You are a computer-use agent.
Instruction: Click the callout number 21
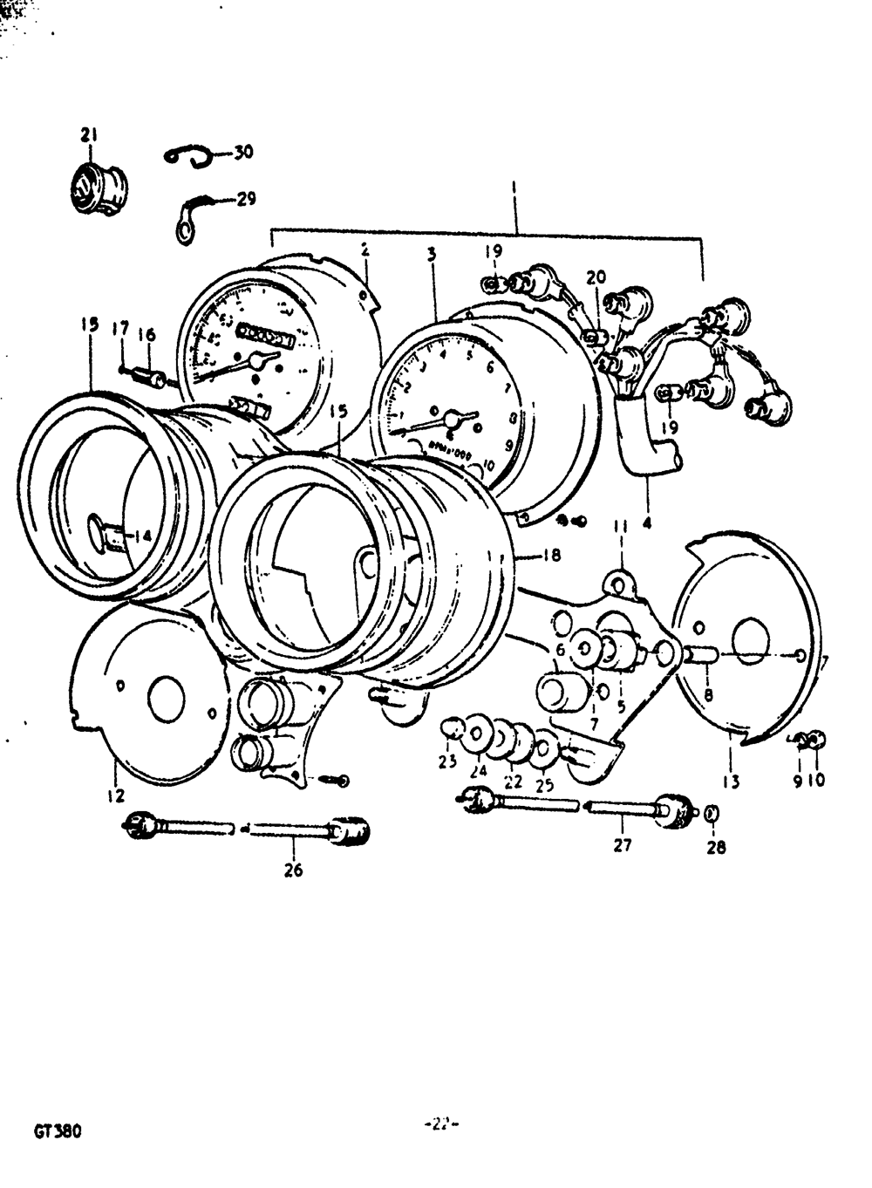[x=89, y=134]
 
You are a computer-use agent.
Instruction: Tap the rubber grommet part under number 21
[x=98, y=188]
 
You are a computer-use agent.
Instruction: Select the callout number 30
[x=243, y=152]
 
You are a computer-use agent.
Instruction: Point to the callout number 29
[x=247, y=199]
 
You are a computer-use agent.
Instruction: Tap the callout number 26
[x=293, y=870]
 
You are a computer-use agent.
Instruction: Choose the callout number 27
[x=622, y=844]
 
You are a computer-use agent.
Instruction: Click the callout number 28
[x=715, y=846]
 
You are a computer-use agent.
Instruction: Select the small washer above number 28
[x=711, y=814]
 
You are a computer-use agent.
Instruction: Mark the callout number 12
[x=116, y=795]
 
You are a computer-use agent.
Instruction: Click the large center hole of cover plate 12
[x=166, y=702]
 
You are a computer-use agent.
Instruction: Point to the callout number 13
[x=731, y=781]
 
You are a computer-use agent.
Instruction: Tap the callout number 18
[x=551, y=555]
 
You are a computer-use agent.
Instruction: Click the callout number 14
[x=141, y=536]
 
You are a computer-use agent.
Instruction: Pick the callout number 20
[x=596, y=277]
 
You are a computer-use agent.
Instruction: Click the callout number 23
[x=447, y=761]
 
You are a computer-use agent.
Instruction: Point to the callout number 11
[x=620, y=526]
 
